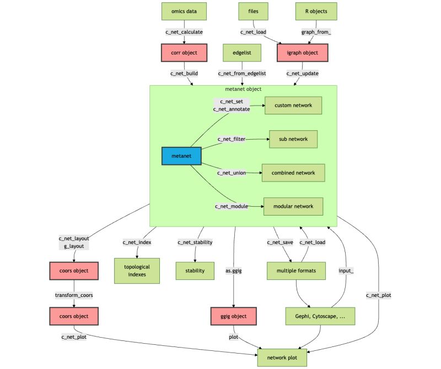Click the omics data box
[185, 10]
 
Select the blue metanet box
[182, 156]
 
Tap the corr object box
[185, 53]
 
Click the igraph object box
[302, 53]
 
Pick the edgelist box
[242, 53]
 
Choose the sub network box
[293, 139]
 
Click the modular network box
[293, 206]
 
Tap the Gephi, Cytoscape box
[320, 316]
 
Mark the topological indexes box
[137, 271]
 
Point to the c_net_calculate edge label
[185, 32]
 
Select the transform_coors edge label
[74, 295]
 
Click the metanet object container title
[243, 89]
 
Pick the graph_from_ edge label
[316, 32]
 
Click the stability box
[195, 271]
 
